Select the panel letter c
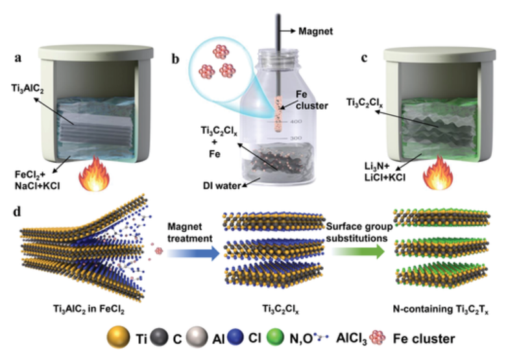(x=364, y=57)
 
